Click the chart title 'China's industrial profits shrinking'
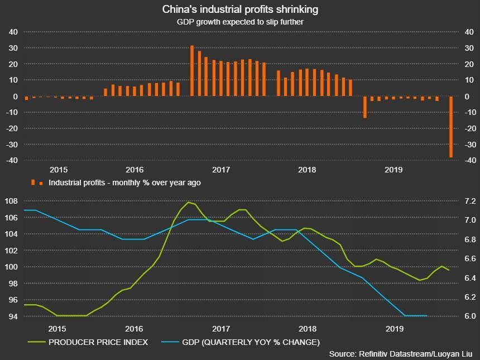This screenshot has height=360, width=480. coord(240,9)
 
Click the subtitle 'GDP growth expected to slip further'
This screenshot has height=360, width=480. coord(240,22)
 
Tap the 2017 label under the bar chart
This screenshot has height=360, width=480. coord(222,170)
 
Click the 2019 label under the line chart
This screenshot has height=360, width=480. coord(395,329)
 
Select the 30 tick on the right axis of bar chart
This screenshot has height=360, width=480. coord(469,49)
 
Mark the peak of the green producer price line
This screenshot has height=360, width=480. coord(189,202)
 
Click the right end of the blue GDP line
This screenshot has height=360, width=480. coord(427,316)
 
